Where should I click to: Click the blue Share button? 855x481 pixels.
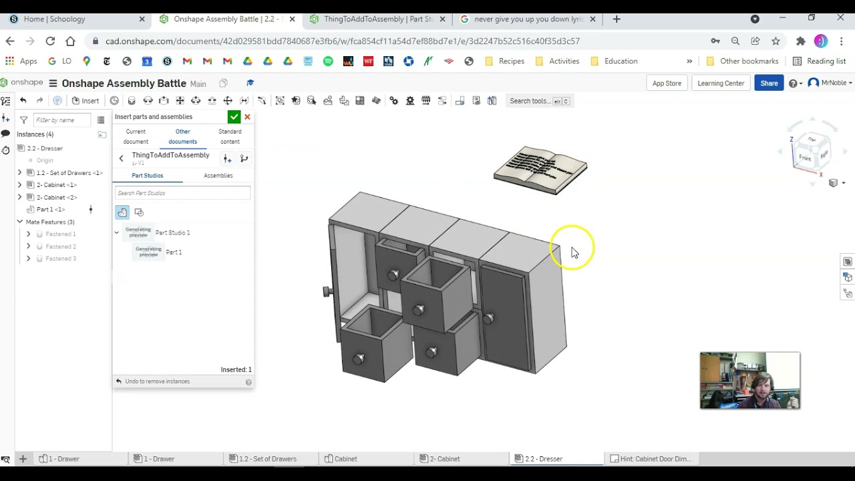point(769,83)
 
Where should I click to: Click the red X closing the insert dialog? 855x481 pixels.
point(247,117)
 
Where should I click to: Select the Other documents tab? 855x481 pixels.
point(182,136)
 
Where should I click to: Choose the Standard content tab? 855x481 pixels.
point(230,136)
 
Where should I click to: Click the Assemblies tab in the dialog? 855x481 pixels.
point(218,176)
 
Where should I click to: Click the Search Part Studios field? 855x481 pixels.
point(182,193)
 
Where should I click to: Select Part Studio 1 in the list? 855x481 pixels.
point(172,232)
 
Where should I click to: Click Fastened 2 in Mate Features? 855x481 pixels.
point(61,247)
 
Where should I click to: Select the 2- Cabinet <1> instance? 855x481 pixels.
point(57,185)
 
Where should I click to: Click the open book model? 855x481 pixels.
point(540,170)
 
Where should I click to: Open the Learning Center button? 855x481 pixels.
point(721,83)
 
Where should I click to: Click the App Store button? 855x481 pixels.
point(667,83)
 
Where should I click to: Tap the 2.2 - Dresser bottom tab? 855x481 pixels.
point(543,459)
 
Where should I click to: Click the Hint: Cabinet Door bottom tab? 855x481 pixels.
point(655,459)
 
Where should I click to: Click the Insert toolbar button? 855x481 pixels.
point(85,101)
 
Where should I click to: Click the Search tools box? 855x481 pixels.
point(538,101)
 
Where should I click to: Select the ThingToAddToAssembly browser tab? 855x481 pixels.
point(377,19)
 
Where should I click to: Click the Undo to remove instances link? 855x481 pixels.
point(157,381)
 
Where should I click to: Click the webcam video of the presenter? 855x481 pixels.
point(749,380)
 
